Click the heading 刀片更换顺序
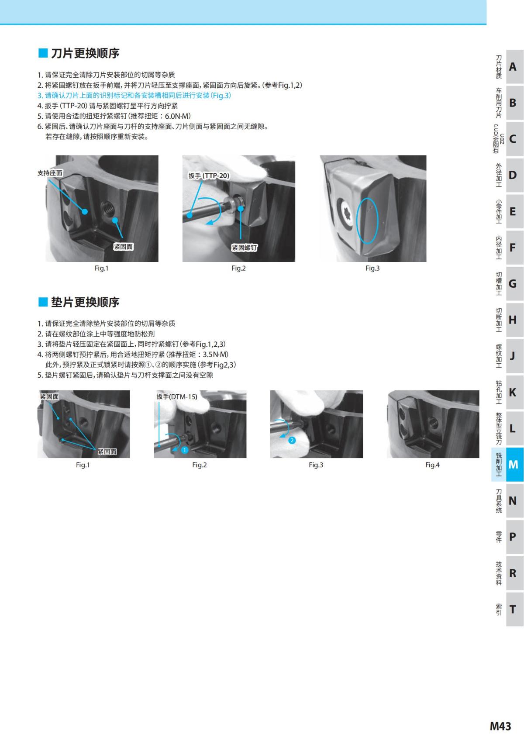click(x=85, y=53)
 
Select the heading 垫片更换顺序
click(x=85, y=302)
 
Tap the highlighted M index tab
click(x=513, y=465)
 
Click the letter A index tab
click(x=513, y=67)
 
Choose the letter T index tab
click(x=513, y=609)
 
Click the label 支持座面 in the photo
click(x=50, y=173)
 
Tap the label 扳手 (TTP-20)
click(x=209, y=176)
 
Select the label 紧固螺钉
click(x=244, y=248)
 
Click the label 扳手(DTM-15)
click(x=177, y=397)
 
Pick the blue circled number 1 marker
click(x=185, y=450)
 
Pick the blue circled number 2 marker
click(x=292, y=440)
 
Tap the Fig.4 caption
click(x=432, y=465)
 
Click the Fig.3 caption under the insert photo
click(x=372, y=268)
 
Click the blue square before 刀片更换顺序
click(x=43, y=53)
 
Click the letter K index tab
click(x=513, y=392)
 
